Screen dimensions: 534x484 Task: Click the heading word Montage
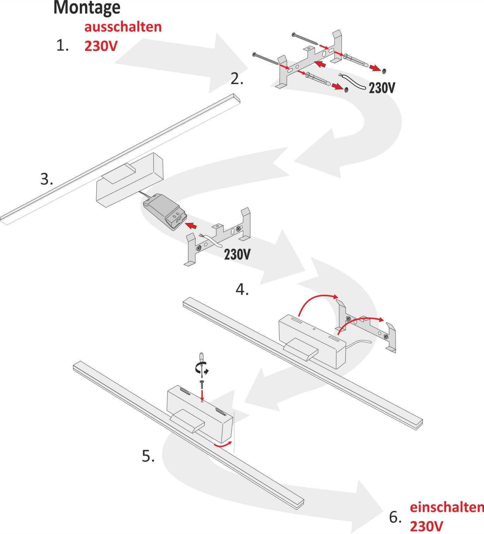[87, 8]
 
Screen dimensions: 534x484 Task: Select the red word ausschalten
[123, 27]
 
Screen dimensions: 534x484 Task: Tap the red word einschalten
[447, 507]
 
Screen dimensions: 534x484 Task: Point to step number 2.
[237, 79]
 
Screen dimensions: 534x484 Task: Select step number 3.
[46, 179]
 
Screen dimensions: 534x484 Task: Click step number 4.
[242, 290]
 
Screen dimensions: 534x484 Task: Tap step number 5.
[148, 456]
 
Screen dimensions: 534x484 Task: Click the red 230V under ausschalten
[101, 46]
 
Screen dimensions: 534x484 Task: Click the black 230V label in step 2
[382, 88]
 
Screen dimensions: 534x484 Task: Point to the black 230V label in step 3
[237, 254]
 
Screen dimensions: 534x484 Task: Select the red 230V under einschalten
[426, 526]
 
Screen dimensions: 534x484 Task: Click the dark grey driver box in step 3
[164, 212]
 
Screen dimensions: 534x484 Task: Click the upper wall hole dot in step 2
[384, 71]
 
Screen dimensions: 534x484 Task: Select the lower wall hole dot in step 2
[346, 89]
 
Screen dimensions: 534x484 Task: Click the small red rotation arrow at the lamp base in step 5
[224, 444]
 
